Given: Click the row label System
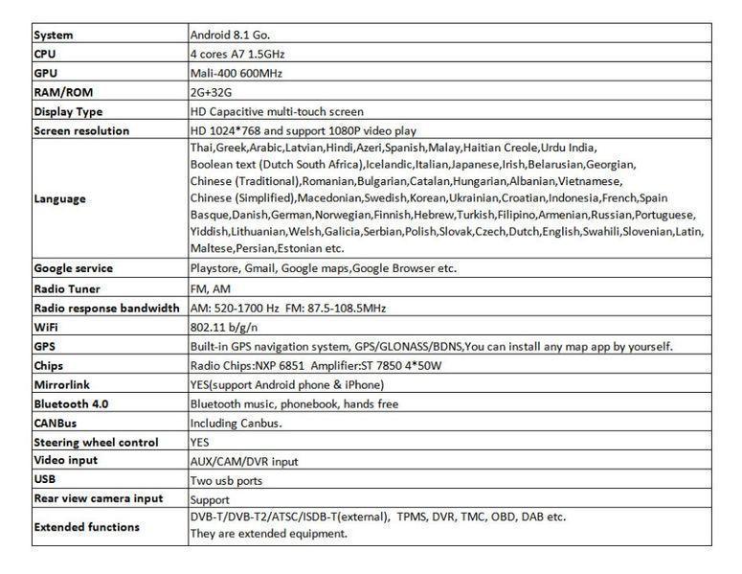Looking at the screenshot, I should (54, 34).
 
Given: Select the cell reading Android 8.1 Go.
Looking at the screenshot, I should (230, 34).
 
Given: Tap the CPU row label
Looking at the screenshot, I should (45, 54).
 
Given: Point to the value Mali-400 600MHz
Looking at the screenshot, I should (236, 73).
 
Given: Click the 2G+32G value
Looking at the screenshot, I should (212, 92).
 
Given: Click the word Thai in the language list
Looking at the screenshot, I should (202, 148).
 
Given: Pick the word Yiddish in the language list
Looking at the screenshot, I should (210, 231).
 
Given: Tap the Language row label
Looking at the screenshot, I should (59, 198).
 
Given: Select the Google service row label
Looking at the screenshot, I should (73, 268).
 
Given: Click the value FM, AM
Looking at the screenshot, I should (211, 288).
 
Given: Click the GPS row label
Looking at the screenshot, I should (45, 346).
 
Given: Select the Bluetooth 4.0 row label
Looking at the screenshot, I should (71, 403).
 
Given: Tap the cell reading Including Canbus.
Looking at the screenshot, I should (236, 423).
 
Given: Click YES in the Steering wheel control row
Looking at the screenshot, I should (200, 443).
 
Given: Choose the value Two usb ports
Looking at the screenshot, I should (226, 480).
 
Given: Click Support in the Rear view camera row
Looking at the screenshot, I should (210, 499).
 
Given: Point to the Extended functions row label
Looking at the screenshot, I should (86, 526).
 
